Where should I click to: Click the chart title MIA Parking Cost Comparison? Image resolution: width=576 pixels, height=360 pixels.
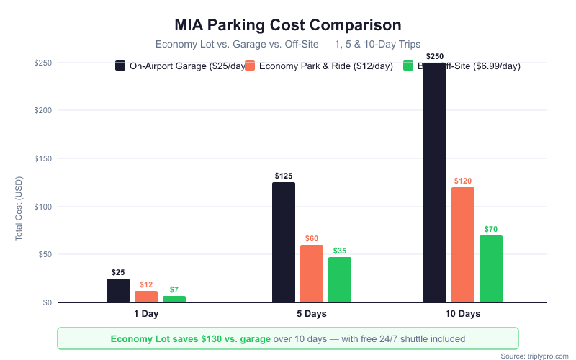288,25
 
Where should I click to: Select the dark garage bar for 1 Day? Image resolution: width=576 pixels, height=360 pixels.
118,290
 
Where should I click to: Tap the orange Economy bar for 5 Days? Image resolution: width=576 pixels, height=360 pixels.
312,274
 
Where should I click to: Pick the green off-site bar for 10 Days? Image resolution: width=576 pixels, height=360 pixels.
491,269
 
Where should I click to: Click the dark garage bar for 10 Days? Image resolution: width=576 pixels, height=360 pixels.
435,183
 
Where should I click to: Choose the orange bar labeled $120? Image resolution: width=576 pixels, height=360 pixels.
463,245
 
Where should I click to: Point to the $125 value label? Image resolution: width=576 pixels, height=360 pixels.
284,176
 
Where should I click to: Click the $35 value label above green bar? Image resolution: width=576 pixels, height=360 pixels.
340,251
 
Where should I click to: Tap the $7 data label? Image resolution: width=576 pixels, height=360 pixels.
174,289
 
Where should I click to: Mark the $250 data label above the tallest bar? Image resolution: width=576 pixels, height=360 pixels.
435,56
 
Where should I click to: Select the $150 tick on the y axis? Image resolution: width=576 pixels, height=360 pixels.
42,158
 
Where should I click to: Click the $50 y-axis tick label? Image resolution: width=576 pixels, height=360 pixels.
45,254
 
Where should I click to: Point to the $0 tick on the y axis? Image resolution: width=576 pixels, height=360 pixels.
47,302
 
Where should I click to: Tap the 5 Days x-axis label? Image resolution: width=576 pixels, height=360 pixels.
312,315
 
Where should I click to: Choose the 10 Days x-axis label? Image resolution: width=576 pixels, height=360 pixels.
462,315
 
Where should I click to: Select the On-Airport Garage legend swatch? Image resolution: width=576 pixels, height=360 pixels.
120,66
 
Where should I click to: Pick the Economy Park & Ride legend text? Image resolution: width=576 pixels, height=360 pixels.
326,66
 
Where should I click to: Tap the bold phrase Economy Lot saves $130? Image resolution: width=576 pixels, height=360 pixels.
190,338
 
